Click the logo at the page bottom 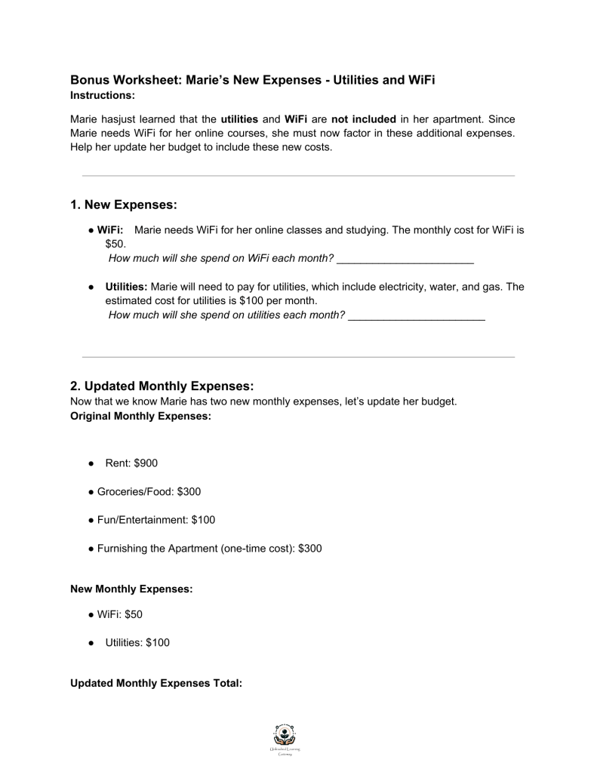pos(286,738)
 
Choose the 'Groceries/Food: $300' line pos(149,491)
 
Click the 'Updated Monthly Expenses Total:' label pos(155,683)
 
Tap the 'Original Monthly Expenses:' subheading pos(140,416)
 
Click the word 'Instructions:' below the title pos(102,96)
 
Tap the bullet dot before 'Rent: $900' pos(91,463)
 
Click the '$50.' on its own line pos(116,245)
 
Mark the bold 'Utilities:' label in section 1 pos(126,287)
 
